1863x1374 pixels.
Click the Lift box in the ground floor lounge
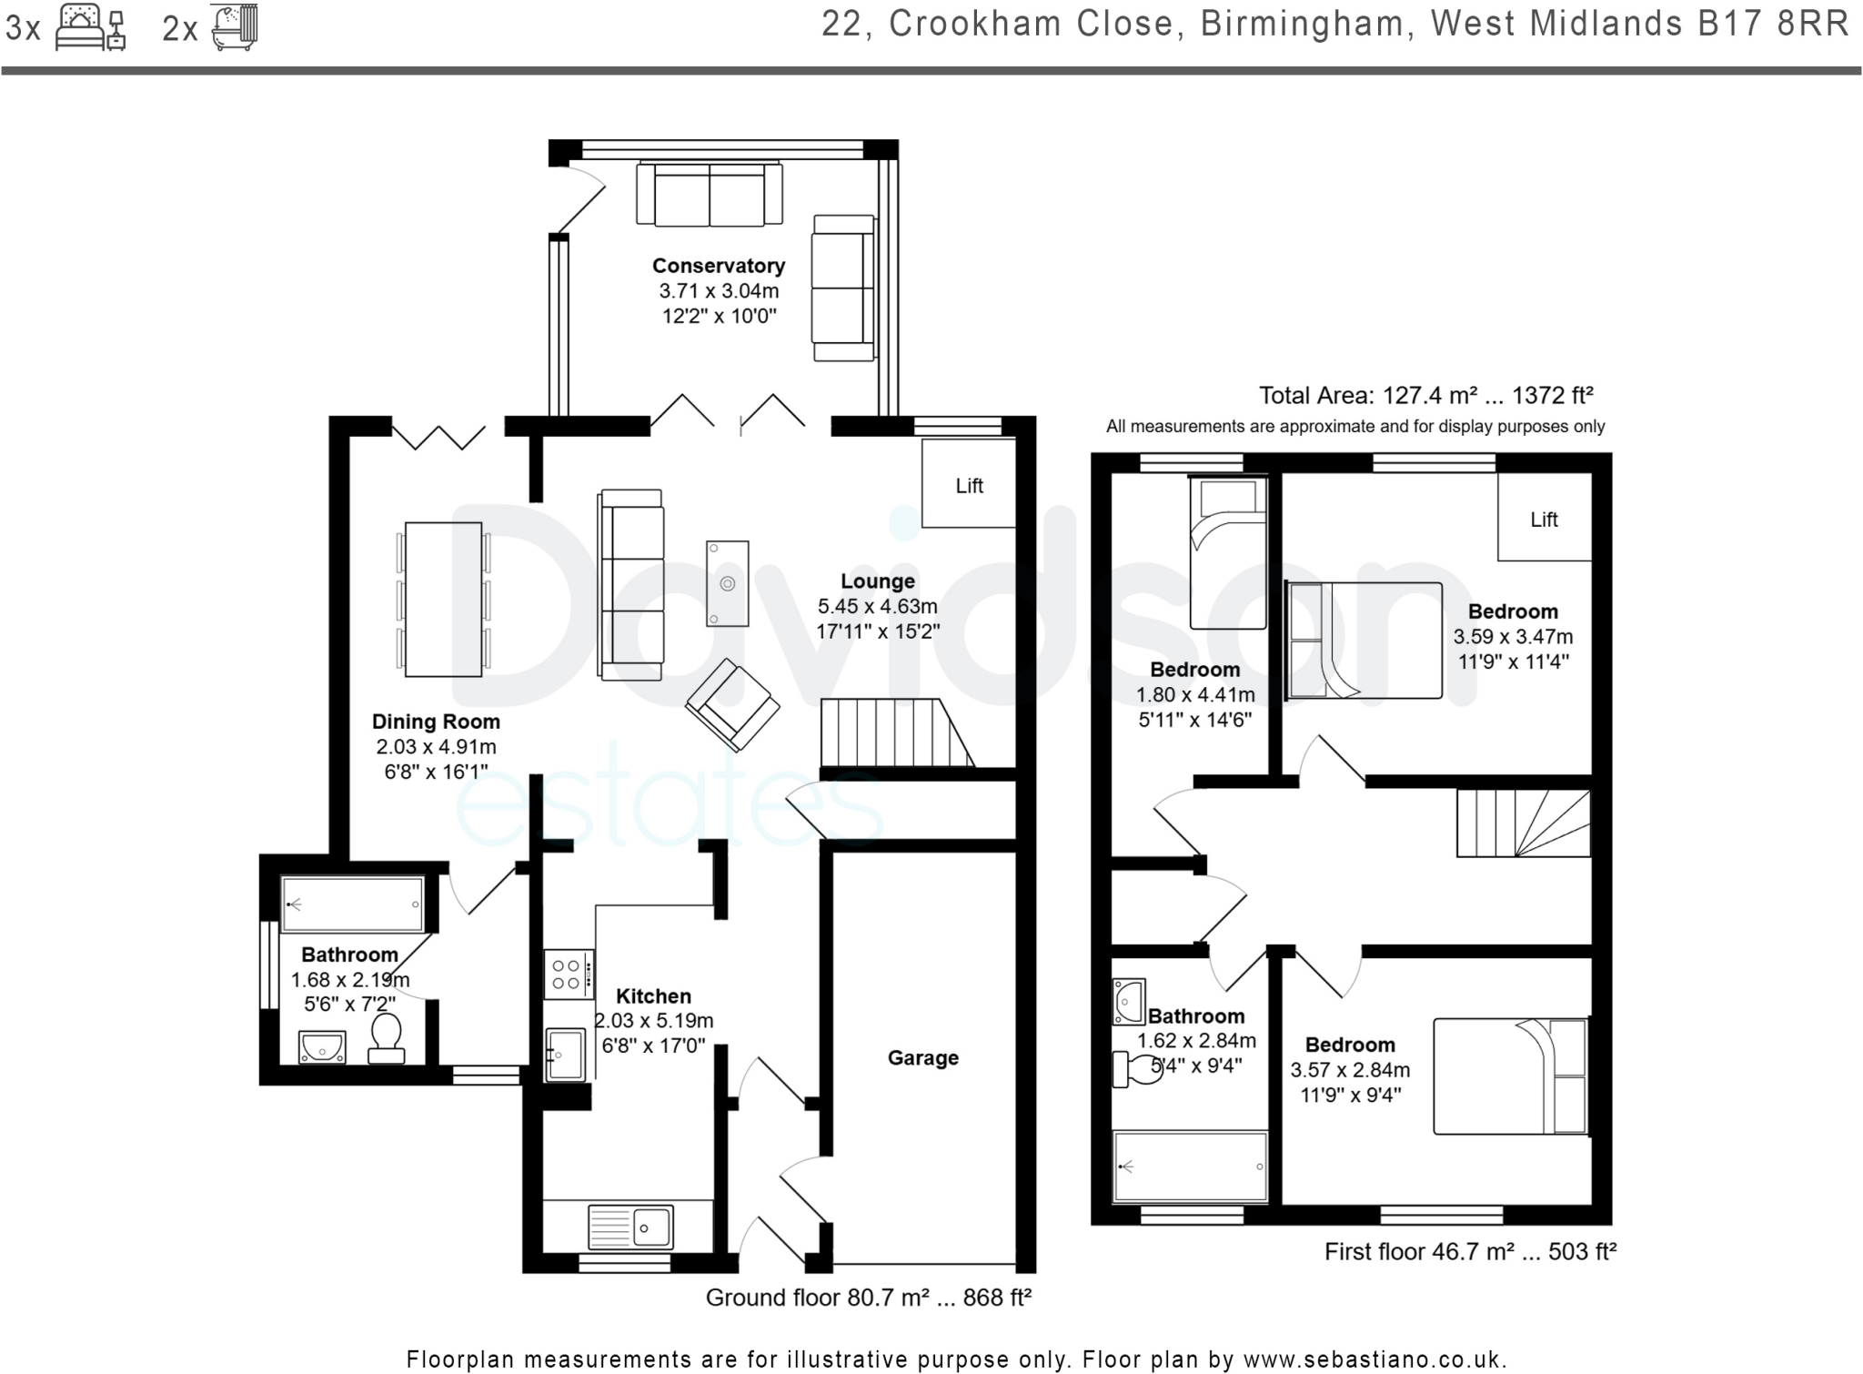(968, 484)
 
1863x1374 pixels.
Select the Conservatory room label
(718, 266)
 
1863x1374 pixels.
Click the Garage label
(922, 1057)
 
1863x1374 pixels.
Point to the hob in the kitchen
(568, 975)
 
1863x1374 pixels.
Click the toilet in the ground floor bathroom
(387, 1039)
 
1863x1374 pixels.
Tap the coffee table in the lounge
(727, 583)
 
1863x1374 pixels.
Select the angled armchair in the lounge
(732, 704)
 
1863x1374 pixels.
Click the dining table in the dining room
(443, 599)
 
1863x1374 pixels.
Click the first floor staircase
(1523, 823)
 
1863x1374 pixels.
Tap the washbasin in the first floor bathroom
(1128, 1002)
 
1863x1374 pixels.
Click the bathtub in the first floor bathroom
(1190, 1167)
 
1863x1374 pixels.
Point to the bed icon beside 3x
(89, 27)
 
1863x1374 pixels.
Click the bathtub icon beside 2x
(235, 27)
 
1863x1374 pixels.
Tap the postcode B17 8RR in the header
(1774, 25)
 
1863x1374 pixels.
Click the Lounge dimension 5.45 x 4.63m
(877, 606)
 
